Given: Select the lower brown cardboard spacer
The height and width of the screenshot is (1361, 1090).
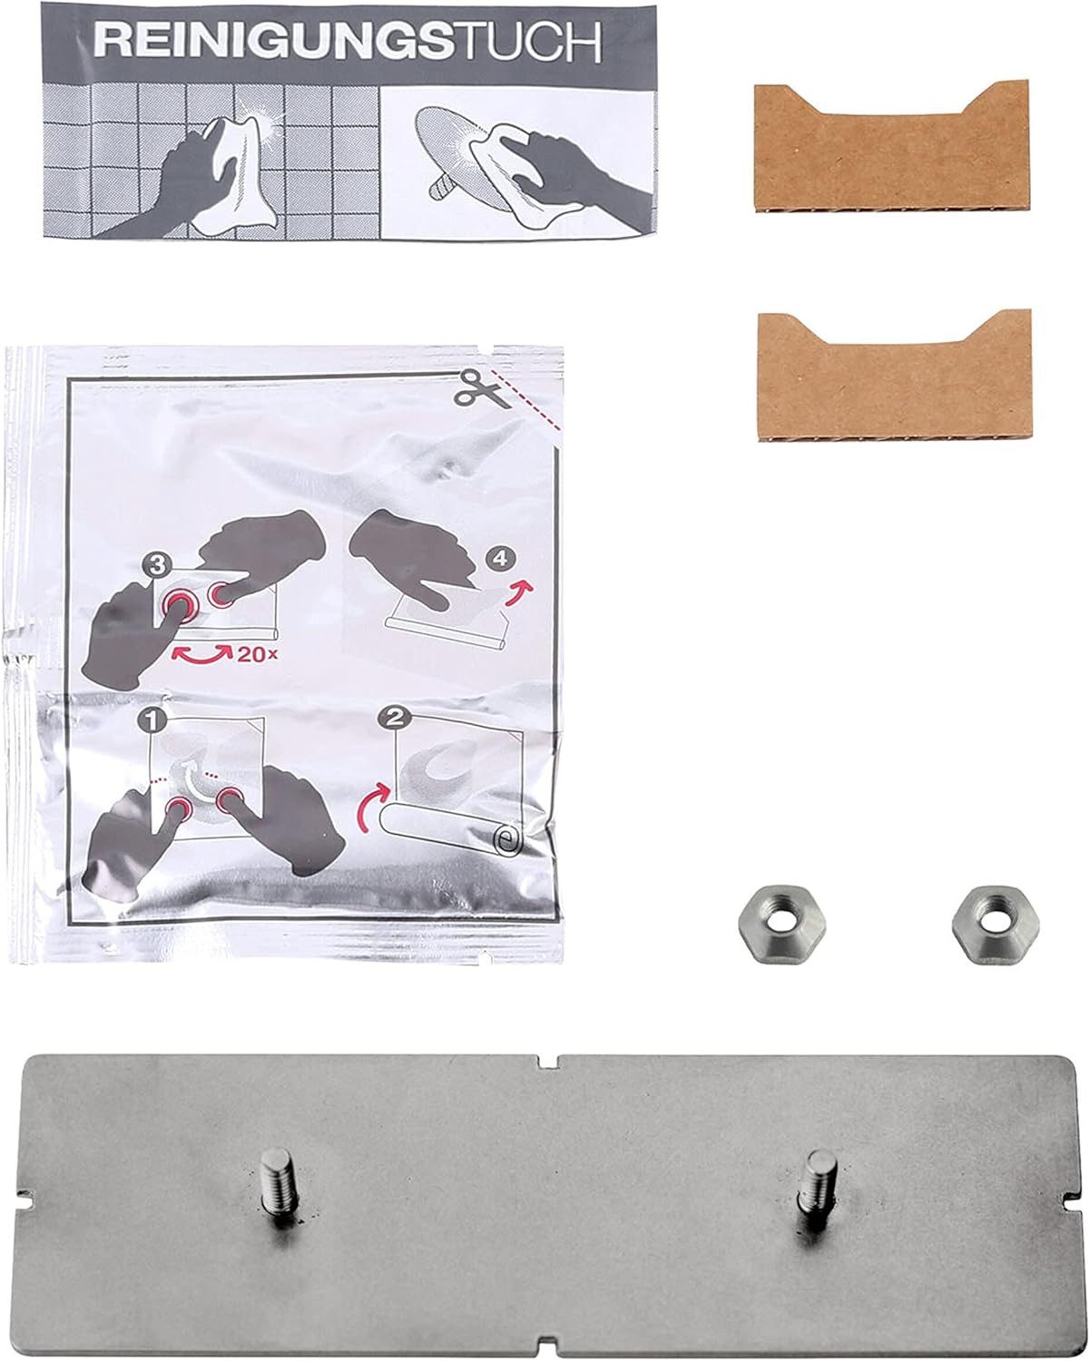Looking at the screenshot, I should [x=894, y=376].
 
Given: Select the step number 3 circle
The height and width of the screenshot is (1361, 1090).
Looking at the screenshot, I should [x=160, y=565].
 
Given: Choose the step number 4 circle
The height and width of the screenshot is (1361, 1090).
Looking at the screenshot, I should [x=498, y=561].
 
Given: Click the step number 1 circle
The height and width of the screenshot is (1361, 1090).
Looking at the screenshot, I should [x=151, y=722].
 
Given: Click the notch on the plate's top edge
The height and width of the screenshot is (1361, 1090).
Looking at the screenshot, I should [x=550, y=1061].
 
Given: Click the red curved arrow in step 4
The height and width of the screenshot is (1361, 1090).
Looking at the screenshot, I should [x=520, y=594].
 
